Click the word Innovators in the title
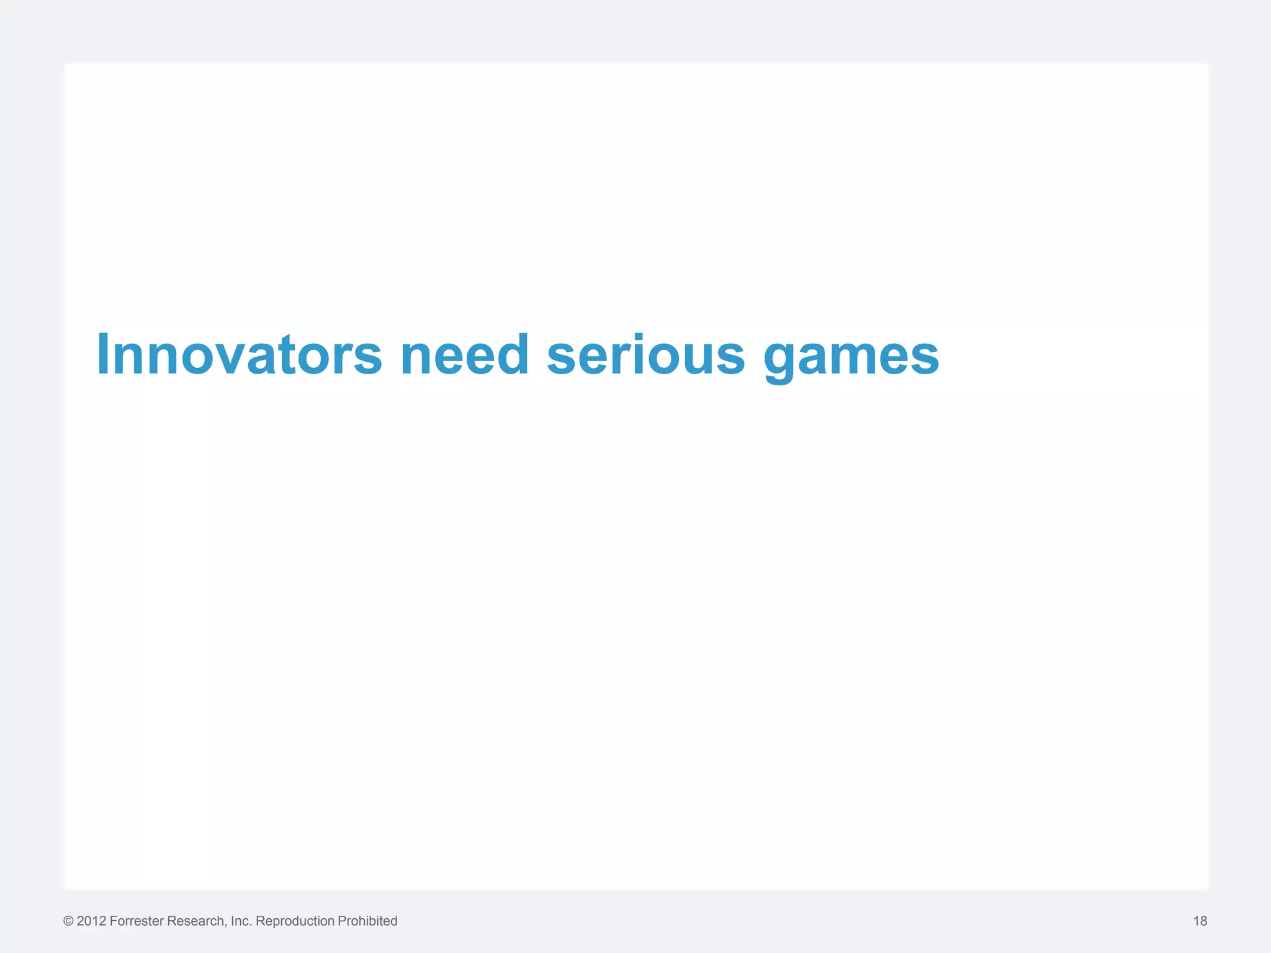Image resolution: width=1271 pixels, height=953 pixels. [x=239, y=355]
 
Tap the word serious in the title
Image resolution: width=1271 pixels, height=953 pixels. [x=645, y=355]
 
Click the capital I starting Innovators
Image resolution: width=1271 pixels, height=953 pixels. [x=104, y=355]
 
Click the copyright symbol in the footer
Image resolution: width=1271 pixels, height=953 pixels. [x=68, y=921]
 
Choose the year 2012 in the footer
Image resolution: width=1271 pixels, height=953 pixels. [x=91, y=921]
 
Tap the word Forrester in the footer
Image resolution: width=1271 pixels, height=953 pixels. [x=137, y=921]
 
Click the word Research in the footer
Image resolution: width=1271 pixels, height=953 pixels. [x=195, y=921]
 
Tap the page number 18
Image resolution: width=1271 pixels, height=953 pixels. [x=1200, y=921]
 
